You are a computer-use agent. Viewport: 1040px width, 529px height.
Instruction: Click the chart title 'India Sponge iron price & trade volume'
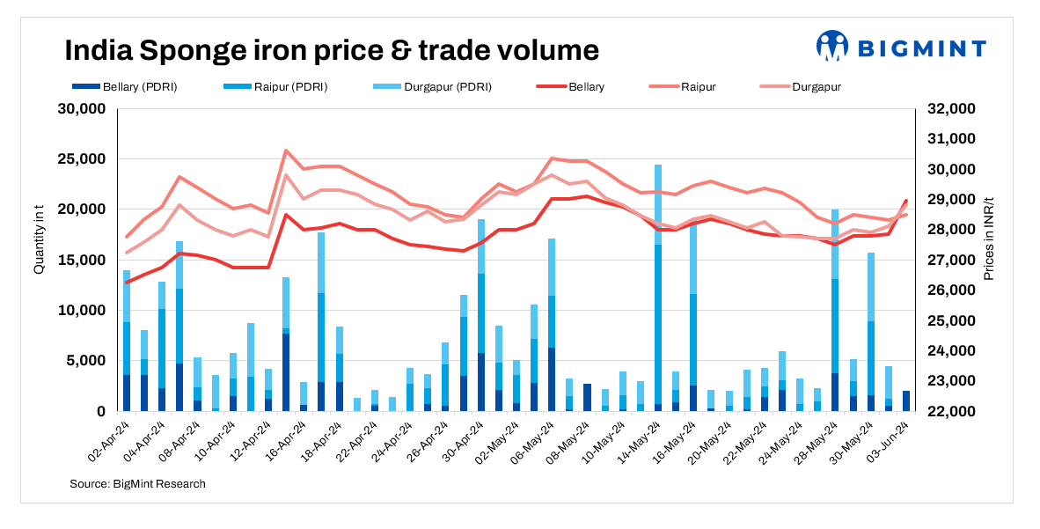coord(332,50)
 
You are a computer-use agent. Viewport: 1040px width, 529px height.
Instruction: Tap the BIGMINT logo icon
coord(831,46)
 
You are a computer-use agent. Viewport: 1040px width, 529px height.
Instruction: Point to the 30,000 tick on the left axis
coord(81,109)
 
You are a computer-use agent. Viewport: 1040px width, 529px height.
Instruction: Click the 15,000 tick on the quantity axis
coord(81,261)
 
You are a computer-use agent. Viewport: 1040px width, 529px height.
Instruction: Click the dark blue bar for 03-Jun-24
coord(906,401)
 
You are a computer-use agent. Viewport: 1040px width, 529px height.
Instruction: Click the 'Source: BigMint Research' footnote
coord(137,484)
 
